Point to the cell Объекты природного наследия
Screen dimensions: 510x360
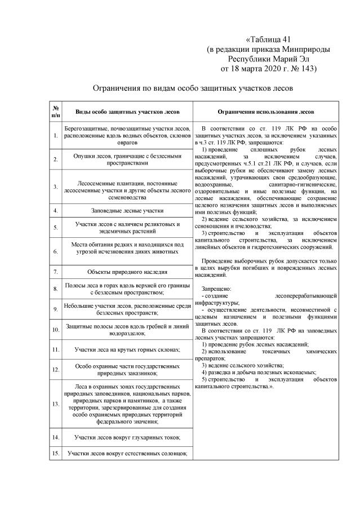pyautogui.click(x=127, y=272)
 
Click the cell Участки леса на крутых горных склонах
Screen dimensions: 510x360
pyautogui.click(x=127, y=349)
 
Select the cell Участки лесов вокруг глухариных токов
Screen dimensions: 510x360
pyautogui.click(x=127, y=437)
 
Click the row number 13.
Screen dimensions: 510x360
pyautogui.click(x=56, y=404)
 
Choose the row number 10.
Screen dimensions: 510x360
pyautogui.click(x=56, y=329)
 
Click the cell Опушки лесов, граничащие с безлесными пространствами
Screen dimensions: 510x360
pyautogui.click(x=127, y=159)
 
